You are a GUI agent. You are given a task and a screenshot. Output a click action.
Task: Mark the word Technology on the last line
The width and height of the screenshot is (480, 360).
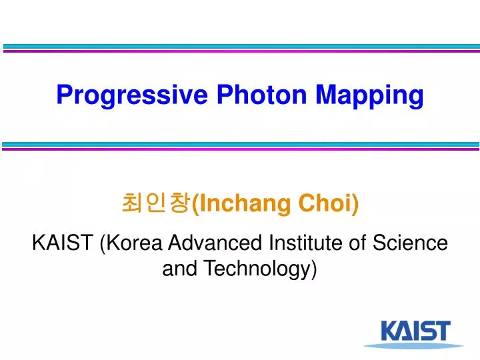coord(259,269)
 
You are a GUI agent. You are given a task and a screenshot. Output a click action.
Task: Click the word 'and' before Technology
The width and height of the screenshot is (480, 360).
coord(180,269)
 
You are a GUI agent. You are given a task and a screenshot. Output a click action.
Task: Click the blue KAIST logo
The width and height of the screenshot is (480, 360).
coord(415,331)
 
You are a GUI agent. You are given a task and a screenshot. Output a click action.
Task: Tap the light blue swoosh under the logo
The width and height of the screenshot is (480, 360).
coord(413,345)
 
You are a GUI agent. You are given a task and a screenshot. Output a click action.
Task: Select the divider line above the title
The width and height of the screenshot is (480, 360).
coord(240,49)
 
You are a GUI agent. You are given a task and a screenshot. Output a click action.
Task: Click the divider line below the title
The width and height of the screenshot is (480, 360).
coord(240,146)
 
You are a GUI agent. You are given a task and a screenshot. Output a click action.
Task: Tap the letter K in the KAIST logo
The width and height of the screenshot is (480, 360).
coord(389,331)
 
